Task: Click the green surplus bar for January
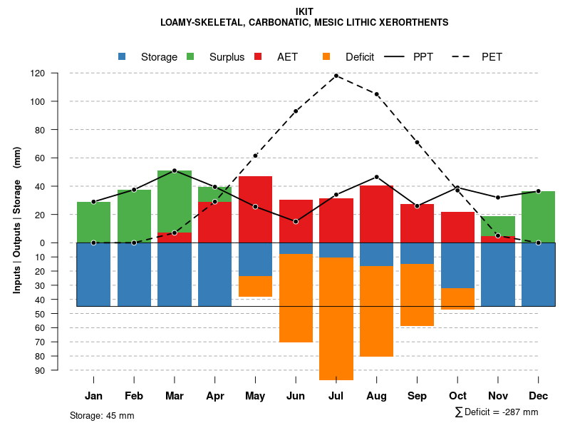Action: [x=93, y=222]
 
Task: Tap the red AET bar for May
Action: [x=255, y=209]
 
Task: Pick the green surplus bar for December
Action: [x=538, y=217]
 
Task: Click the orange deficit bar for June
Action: [x=296, y=298]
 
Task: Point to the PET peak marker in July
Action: [x=336, y=76]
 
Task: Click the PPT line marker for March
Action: [x=175, y=170]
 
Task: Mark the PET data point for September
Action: [x=417, y=143]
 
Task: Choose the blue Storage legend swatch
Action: [x=122, y=57]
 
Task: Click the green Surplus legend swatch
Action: [x=190, y=57]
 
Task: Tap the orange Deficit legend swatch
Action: [x=326, y=57]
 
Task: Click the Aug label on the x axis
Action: [x=376, y=396]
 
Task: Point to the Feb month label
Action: [x=134, y=396]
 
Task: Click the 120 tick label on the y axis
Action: [x=58, y=73]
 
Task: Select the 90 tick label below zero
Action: [x=60, y=370]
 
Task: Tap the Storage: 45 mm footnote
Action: [x=102, y=415]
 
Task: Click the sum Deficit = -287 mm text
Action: [x=497, y=412]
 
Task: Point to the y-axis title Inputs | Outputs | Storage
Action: [x=17, y=219]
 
